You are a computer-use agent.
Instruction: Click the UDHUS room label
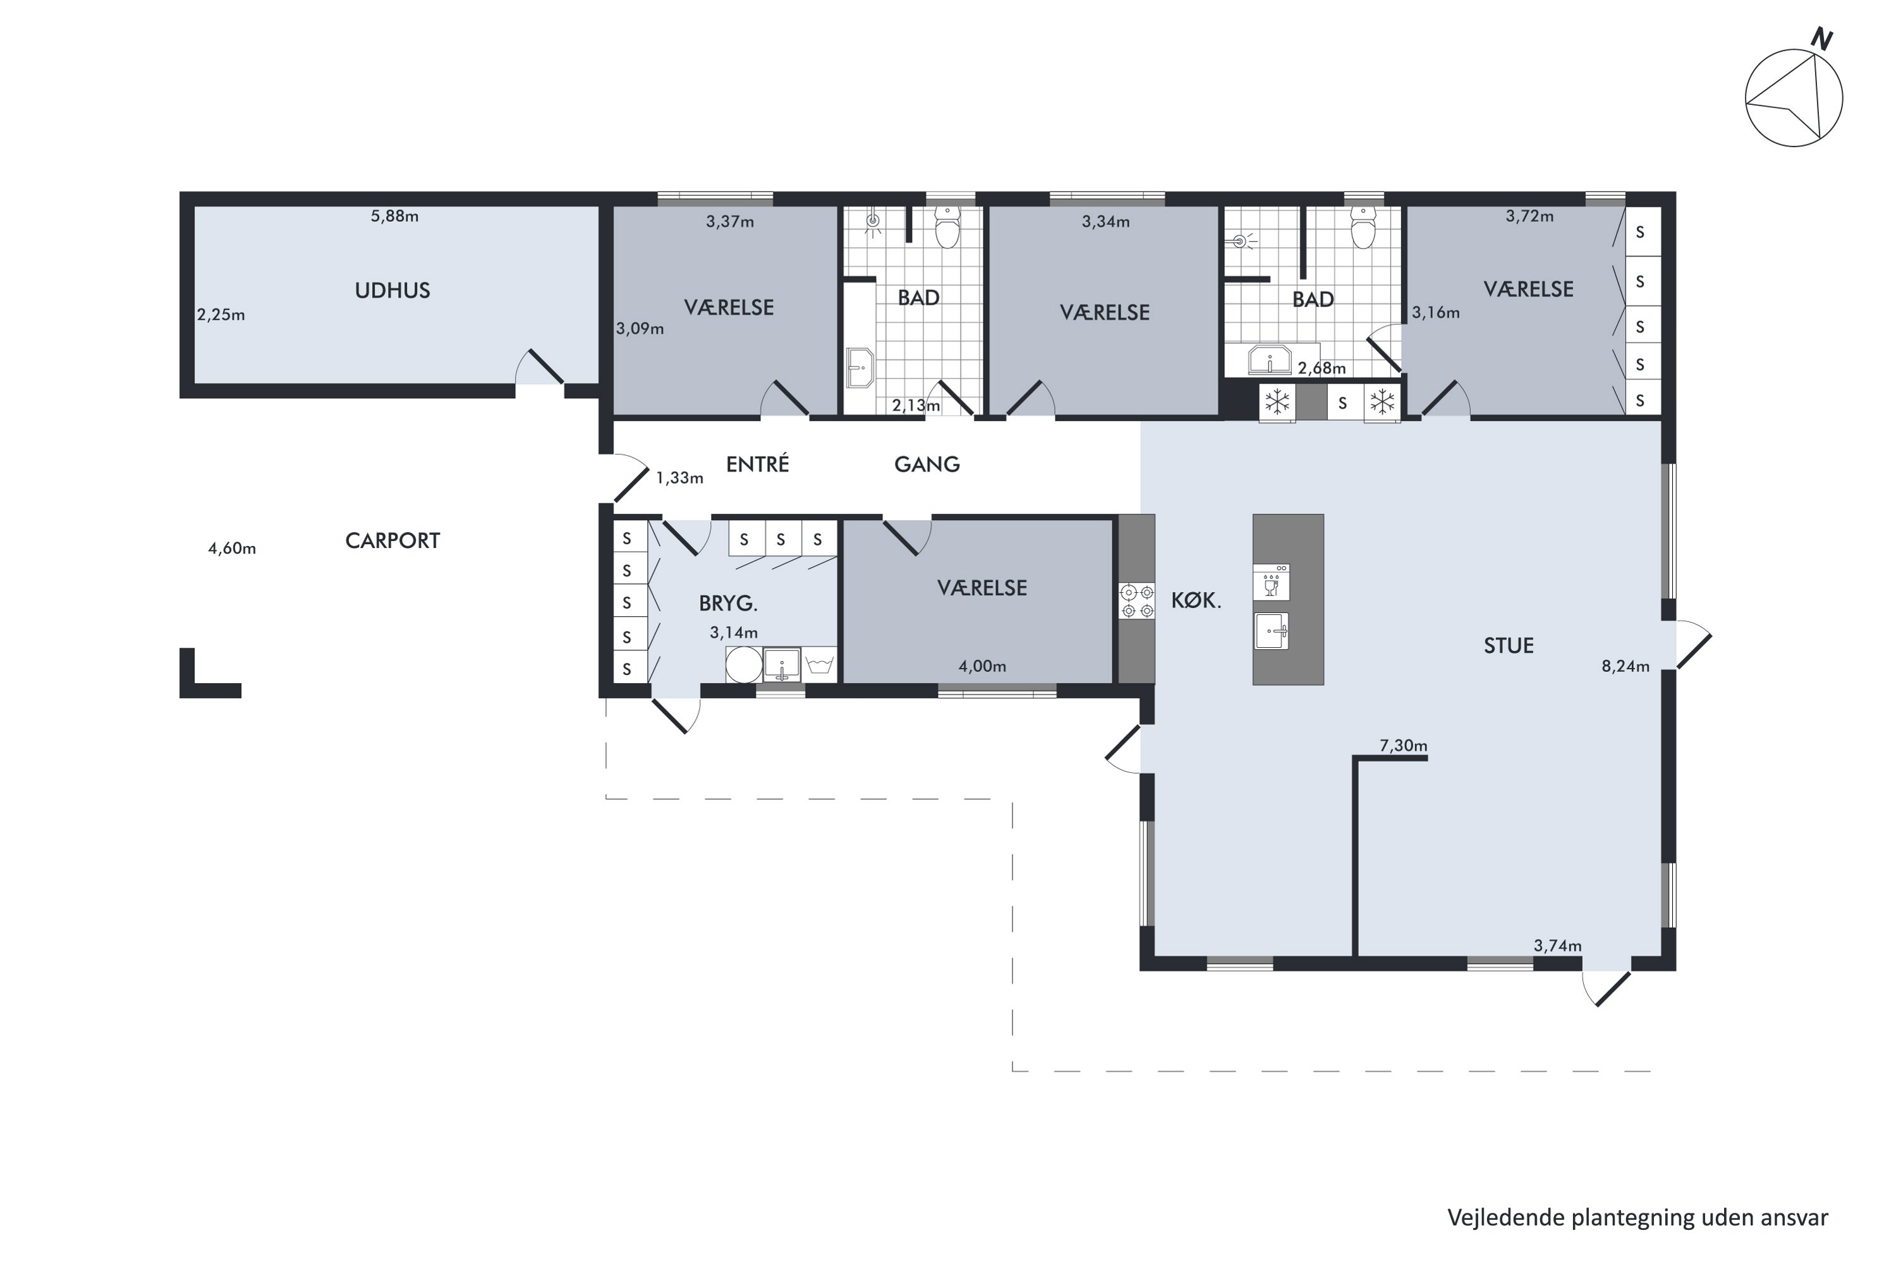click(x=392, y=290)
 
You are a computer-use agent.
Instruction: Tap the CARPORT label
click(x=392, y=540)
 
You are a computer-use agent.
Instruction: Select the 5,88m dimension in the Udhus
click(x=394, y=216)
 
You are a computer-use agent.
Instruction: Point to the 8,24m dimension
click(x=1625, y=666)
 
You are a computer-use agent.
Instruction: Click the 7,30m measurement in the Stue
click(x=1404, y=746)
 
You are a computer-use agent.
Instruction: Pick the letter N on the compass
click(x=1821, y=39)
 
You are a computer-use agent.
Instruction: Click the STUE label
click(x=1508, y=646)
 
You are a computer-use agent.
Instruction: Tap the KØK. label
click(x=1196, y=600)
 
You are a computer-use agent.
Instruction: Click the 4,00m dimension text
click(x=982, y=666)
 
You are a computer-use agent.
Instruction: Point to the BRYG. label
click(x=729, y=603)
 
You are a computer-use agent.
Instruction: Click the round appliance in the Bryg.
click(x=743, y=665)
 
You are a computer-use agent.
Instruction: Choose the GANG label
click(x=927, y=465)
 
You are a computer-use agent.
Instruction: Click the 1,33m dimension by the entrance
click(x=679, y=478)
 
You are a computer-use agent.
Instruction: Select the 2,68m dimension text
click(x=1322, y=368)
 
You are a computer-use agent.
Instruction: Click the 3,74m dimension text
click(x=1557, y=945)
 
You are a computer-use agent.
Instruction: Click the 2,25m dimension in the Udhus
click(x=221, y=315)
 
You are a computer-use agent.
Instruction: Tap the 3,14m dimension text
click(x=734, y=633)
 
